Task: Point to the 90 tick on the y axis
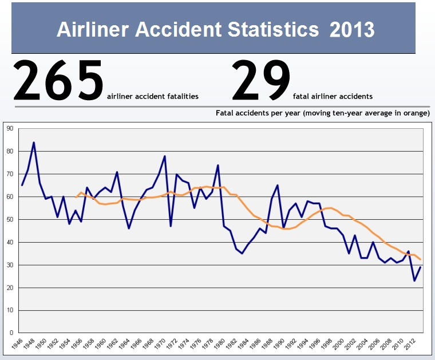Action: pos(10,129)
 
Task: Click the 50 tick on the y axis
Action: pos(10,220)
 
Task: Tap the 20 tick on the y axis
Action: pos(10,288)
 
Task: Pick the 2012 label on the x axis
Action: pos(410,345)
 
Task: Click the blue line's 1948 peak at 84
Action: pos(34,143)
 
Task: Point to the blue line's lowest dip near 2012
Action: pos(414,280)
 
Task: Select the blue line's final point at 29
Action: pos(421,267)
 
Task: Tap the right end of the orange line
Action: pos(421,259)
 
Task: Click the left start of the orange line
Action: pos(76,197)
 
